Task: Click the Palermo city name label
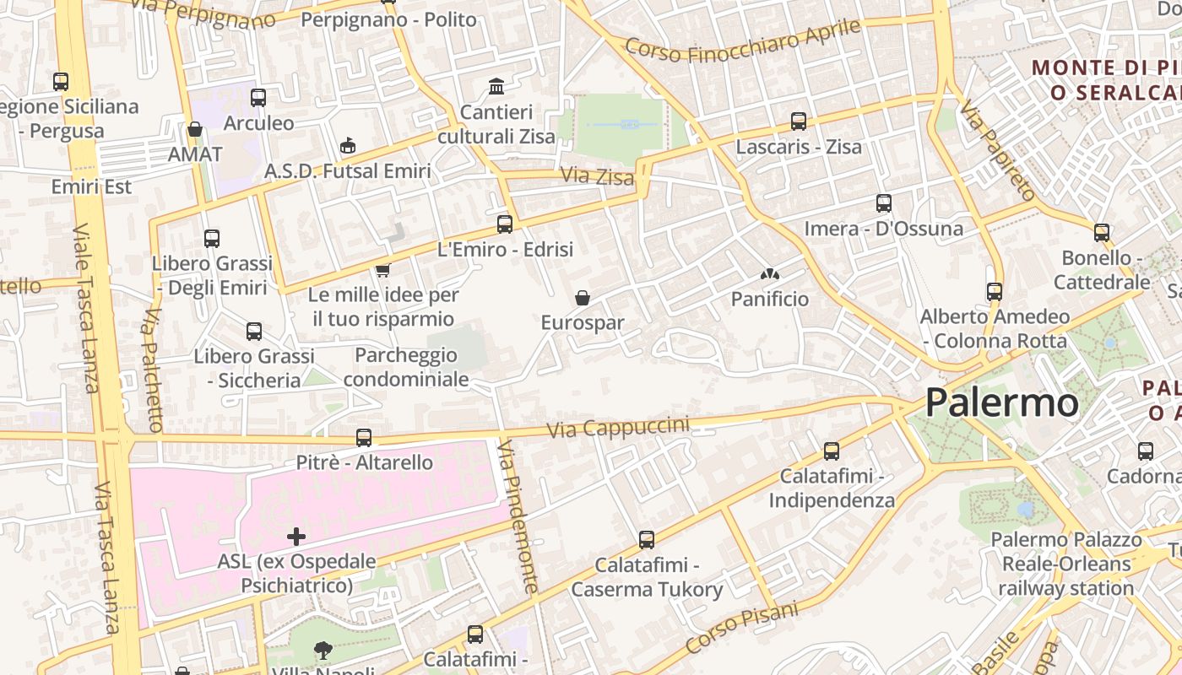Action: point(1001,402)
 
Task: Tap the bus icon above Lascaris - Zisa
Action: point(798,121)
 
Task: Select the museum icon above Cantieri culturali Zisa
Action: point(496,86)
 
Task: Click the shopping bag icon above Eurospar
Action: point(582,297)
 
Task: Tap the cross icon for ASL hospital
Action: point(296,536)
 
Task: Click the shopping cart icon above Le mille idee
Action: point(382,270)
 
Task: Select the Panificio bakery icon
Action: point(769,274)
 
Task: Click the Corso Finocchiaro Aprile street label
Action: point(742,40)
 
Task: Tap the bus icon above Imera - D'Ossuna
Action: point(883,203)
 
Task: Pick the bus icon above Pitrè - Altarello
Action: point(364,437)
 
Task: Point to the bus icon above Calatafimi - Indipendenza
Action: point(832,451)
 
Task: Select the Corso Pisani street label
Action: point(741,628)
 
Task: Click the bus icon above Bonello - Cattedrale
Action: point(1101,232)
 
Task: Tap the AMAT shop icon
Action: point(195,129)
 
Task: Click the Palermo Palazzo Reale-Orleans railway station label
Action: point(1065,564)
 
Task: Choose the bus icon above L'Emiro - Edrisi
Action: point(505,224)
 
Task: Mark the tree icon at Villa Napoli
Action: point(323,650)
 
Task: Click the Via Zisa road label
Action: point(598,177)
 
